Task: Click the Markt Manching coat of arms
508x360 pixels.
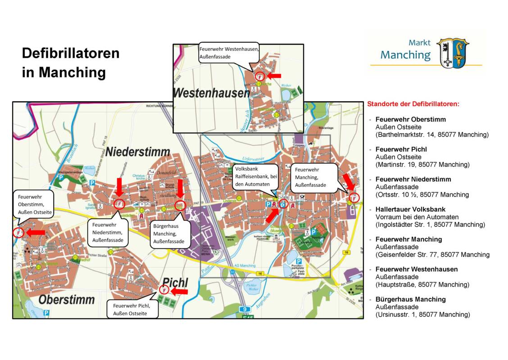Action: (453, 53)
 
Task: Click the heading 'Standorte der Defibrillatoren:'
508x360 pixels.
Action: (413, 104)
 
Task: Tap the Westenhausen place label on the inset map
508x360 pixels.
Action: (211, 93)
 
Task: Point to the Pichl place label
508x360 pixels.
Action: (175, 282)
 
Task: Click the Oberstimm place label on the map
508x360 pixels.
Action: (66, 299)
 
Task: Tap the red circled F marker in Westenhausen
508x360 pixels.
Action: (259, 77)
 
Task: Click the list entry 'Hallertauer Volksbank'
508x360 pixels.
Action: (410, 209)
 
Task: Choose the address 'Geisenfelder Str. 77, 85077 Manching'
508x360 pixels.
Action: (432, 255)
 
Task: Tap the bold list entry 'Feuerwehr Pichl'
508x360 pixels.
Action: (401, 149)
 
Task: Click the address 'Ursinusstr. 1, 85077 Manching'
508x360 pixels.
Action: (422, 315)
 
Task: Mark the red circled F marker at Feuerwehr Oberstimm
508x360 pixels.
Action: (18, 233)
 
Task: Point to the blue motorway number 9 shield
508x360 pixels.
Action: (245, 309)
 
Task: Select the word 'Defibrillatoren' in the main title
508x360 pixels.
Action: (71, 53)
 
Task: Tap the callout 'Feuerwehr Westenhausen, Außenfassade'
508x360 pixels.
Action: (229, 52)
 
